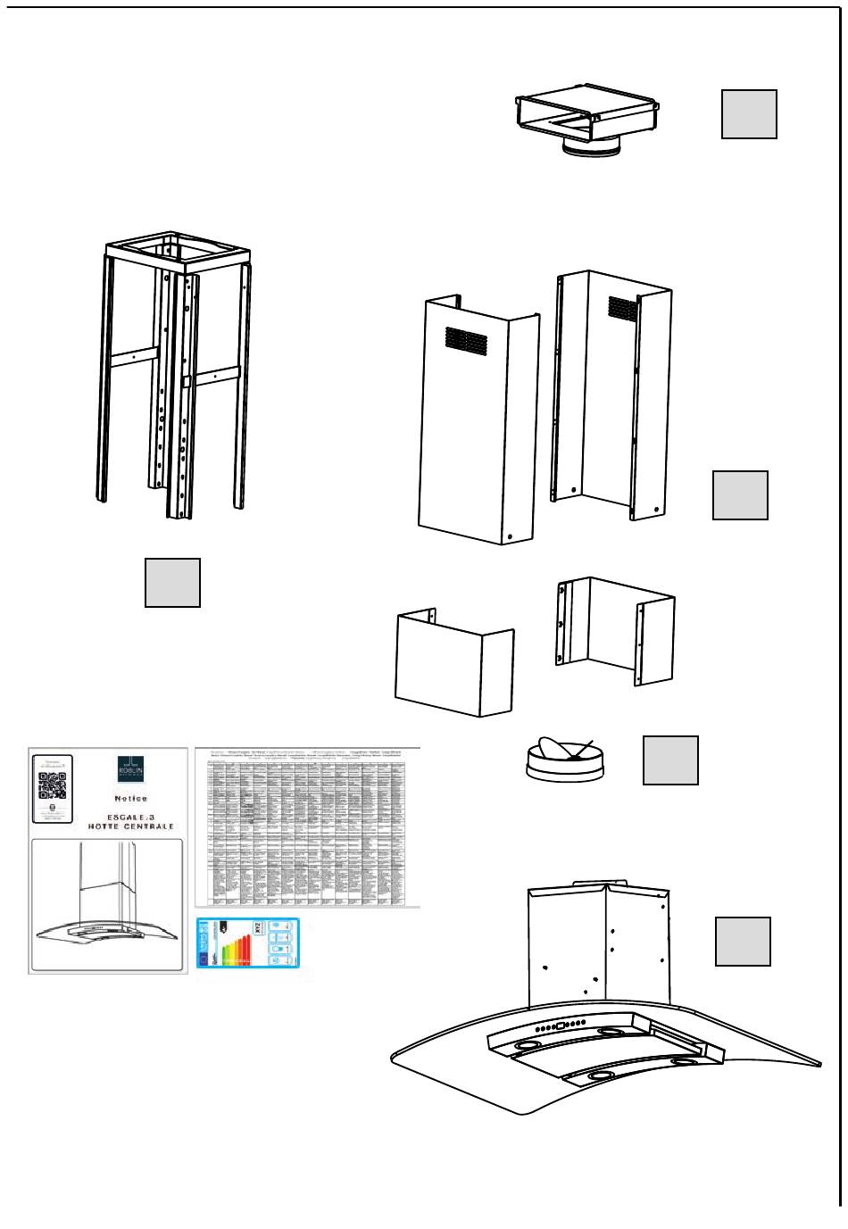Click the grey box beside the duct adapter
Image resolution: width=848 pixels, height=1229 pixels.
pyautogui.click(x=749, y=114)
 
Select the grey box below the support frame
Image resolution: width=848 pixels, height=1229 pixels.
pyautogui.click(x=172, y=583)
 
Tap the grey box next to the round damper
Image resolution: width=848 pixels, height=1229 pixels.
pyautogui.click(x=670, y=760)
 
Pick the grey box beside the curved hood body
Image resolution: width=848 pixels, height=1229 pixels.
pyautogui.click(x=743, y=942)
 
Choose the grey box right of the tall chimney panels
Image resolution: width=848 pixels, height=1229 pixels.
pyautogui.click(x=740, y=495)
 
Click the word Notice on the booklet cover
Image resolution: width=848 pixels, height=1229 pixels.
pyautogui.click(x=130, y=799)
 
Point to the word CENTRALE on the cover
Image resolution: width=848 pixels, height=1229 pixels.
pyautogui.click(x=145, y=827)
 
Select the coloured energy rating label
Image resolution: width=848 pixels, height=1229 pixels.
pyautogui.click(x=248, y=943)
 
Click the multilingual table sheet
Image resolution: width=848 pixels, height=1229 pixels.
pyautogui.click(x=307, y=827)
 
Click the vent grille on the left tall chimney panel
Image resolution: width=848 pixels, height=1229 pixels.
pyautogui.click(x=466, y=337)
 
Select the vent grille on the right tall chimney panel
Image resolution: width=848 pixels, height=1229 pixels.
pyautogui.click(x=623, y=308)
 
